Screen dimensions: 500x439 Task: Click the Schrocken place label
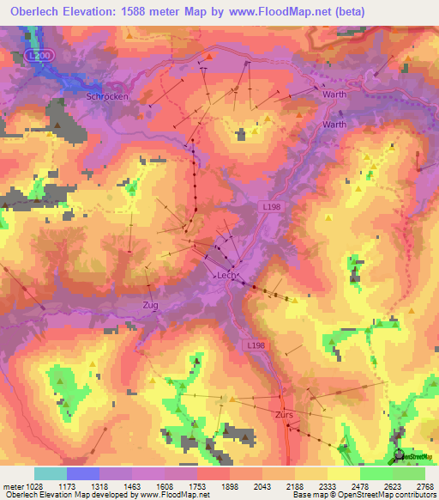(107, 97)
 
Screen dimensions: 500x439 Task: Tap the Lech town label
(225, 275)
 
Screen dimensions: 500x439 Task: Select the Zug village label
(150, 305)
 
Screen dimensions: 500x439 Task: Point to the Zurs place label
(285, 414)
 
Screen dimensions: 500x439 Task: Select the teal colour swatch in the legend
(51, 473)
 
